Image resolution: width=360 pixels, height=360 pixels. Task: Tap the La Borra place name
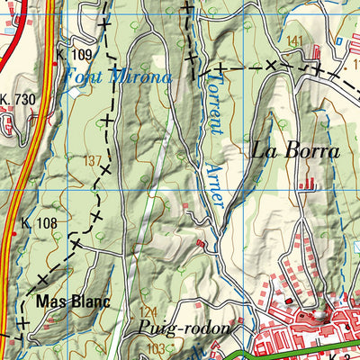(296, 151)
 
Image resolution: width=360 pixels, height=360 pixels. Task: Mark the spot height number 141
(294, 41)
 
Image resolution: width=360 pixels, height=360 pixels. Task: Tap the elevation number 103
(157, 348)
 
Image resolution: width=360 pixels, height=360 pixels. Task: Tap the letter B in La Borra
(294, 151)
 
